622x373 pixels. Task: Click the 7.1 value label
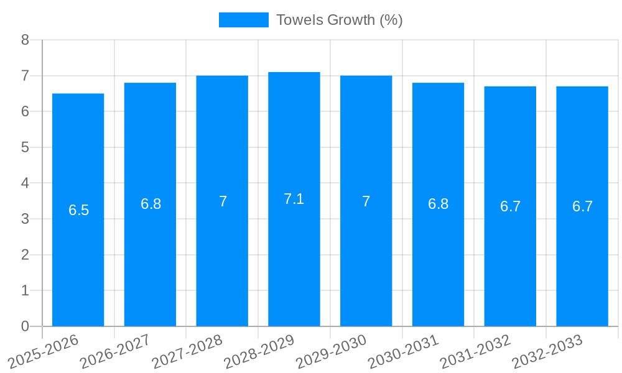click(294, 199)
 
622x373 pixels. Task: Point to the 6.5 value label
click(79, 210)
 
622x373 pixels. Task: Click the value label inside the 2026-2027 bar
click(151, 204)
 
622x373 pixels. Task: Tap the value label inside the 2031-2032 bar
click(510, 206)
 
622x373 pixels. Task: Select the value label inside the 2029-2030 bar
click(366, 201)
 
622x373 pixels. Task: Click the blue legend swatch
click(243, 20)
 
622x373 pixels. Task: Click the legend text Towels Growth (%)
click(340, 20)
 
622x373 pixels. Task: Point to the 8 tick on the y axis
click(26, 40)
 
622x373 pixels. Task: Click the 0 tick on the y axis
click(26, 326)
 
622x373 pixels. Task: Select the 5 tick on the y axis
click(26, 147)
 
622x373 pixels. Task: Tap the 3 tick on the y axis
click(26, 219)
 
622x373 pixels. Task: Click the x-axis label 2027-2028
click(187, 351)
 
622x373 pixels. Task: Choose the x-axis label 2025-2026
click(44, 351)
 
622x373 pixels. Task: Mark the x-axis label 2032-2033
click(547, 351)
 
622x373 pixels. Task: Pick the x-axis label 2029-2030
click(331, 351)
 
